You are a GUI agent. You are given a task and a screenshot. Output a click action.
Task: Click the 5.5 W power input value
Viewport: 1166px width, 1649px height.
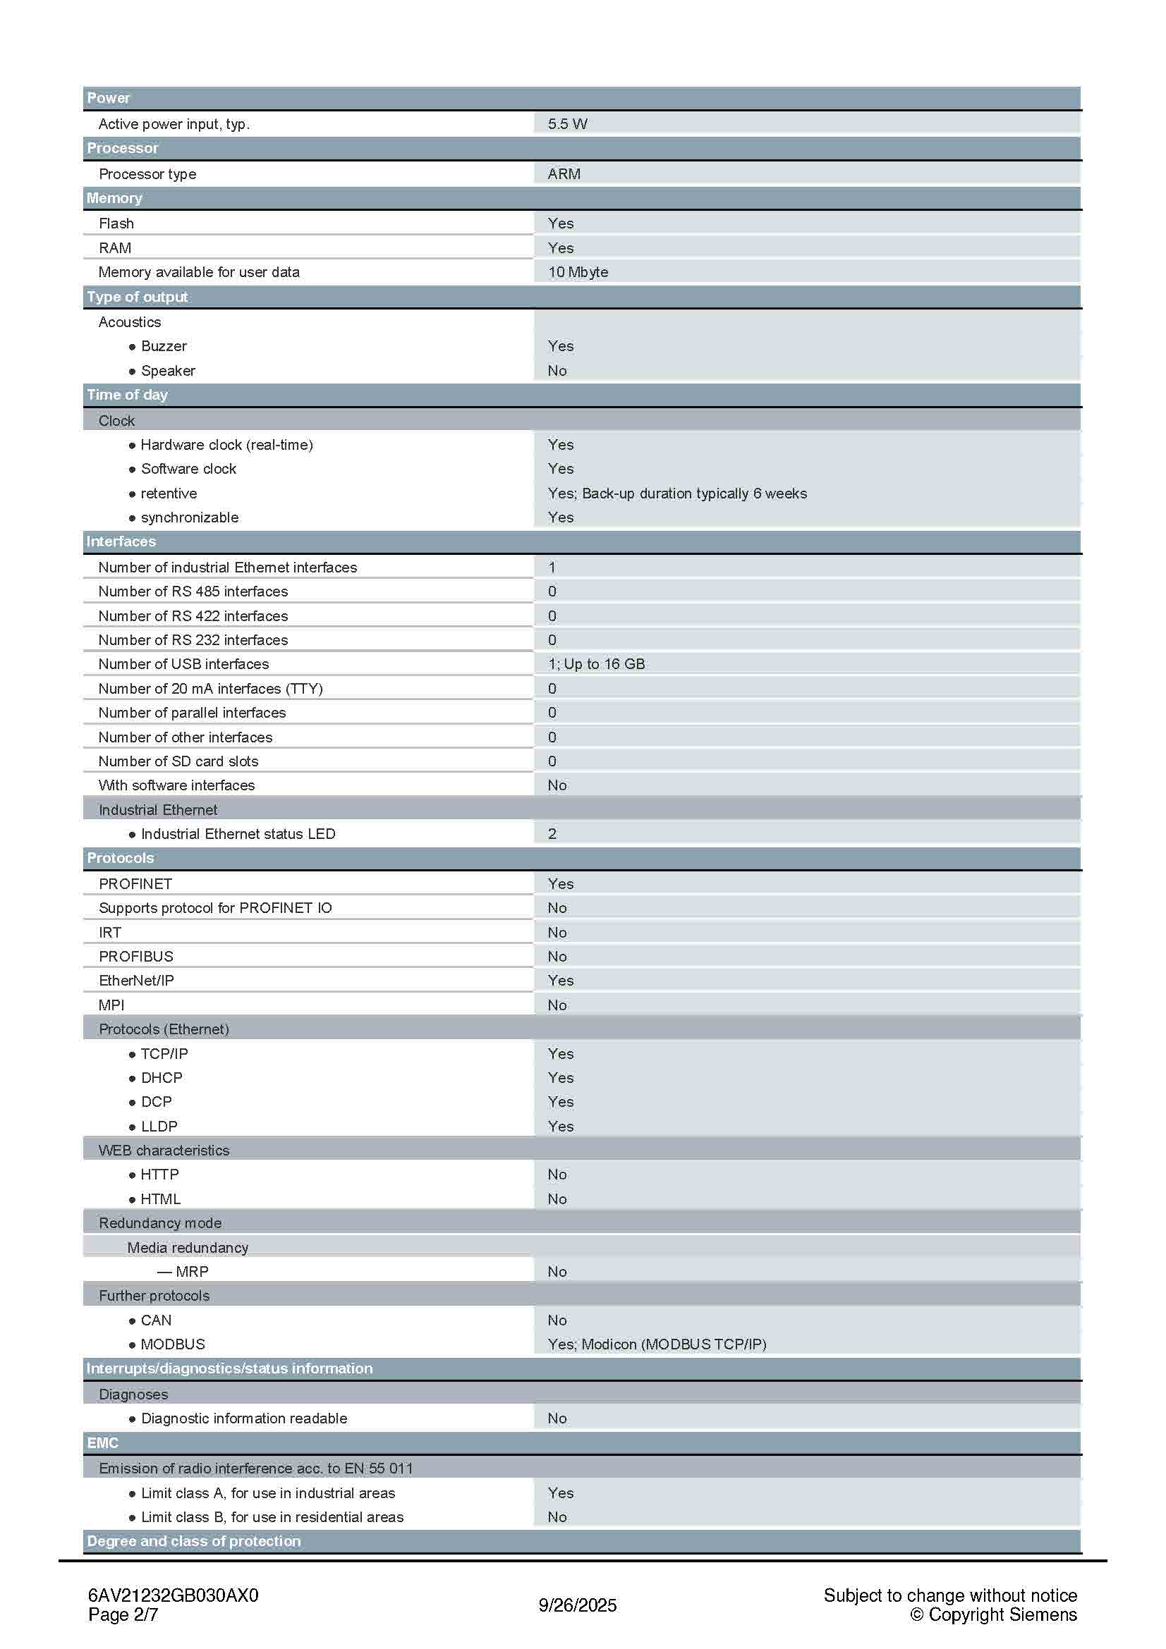coord(567,123)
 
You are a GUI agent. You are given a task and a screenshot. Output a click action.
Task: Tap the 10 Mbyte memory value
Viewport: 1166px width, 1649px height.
coord(578,272)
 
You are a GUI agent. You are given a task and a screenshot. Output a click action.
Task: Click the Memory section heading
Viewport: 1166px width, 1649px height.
coord(114,198)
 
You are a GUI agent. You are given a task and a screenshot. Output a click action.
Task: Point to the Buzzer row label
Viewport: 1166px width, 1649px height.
coord(163,346)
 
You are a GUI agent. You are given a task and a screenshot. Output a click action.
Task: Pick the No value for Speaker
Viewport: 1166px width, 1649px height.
coord(557,371)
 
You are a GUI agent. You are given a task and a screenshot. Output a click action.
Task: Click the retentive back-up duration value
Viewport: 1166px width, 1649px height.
coord(676,494)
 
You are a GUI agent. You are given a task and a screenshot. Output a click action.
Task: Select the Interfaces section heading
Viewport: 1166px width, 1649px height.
coord(121,541)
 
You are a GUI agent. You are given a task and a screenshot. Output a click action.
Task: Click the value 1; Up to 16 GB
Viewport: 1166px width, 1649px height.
coord(595,664)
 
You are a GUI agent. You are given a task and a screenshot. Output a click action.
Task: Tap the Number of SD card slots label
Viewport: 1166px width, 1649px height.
coord(178,761)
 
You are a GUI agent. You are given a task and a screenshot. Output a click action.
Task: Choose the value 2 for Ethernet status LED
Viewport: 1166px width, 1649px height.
coord(552,834)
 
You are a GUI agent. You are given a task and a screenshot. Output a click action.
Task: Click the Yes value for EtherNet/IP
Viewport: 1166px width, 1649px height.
coord(560,981)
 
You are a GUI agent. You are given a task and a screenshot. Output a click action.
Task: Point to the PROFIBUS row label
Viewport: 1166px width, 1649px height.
coord(135,957)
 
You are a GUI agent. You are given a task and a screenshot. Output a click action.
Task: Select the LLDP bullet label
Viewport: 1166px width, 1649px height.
coord(159,1126)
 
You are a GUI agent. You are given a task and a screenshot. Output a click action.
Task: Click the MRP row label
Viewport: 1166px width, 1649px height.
coord(192,1271)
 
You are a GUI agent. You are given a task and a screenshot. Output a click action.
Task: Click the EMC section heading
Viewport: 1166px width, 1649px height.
coord(102,1443)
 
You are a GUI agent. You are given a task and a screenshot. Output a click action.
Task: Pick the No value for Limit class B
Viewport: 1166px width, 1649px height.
coord(557,1517)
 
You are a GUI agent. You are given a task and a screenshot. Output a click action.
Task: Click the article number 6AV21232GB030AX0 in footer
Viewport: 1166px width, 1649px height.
coord(173,1595)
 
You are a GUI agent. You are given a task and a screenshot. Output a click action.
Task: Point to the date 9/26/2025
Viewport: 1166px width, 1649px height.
coord(578,1605)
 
